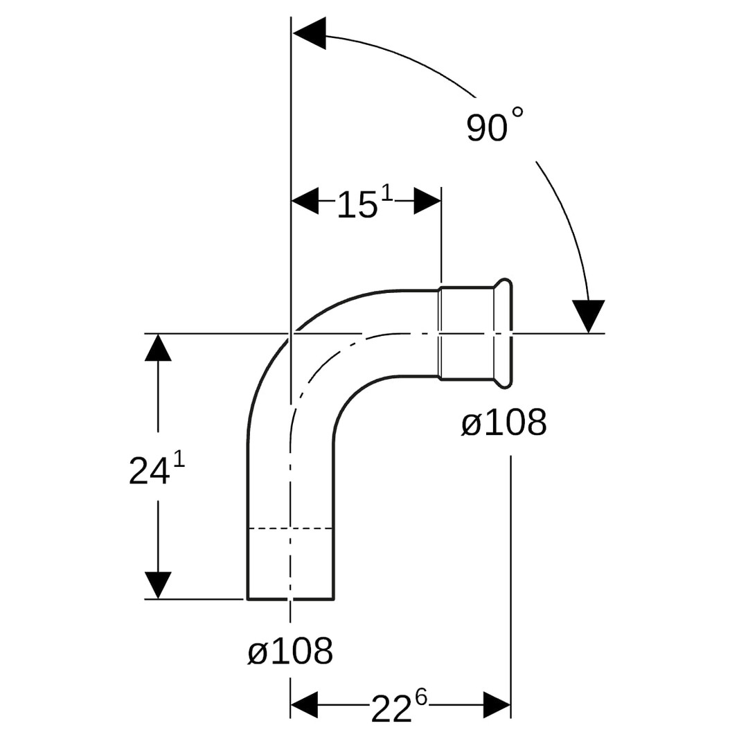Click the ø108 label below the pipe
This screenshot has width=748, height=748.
point(290,650)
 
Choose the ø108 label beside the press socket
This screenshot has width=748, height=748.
point(504,422)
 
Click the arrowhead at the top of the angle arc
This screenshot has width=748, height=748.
point(309,33)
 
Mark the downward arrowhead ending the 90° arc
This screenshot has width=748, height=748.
point(589,316)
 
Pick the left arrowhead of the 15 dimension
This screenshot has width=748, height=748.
point(305,201)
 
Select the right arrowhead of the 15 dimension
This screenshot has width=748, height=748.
point(427,201)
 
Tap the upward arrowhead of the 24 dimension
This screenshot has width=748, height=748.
point(158,347)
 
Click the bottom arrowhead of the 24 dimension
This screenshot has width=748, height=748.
point(158,585)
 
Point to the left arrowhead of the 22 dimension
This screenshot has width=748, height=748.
point(304,704)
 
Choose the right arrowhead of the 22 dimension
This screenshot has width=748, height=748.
point(497,704)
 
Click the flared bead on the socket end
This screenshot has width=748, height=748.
point(504,333)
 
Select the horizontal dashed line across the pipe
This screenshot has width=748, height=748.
point(290,528)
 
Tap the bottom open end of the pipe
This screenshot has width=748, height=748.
point(290,598)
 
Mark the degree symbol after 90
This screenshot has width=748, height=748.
point(517,113)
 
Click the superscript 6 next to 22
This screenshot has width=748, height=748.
point(421,697)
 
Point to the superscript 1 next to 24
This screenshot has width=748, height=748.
point(179,461)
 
